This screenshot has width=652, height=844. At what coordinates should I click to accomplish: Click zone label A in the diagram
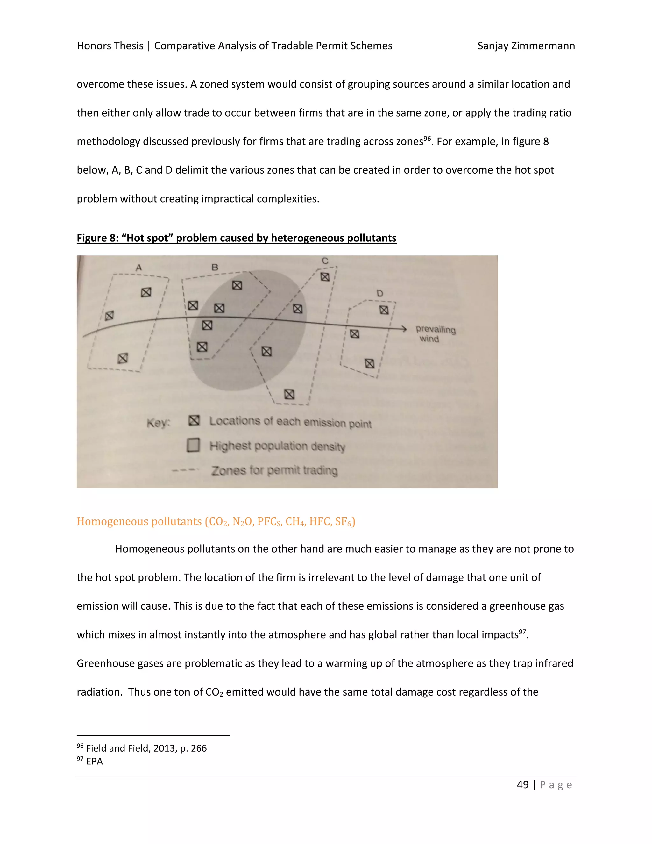(x=139, y=268)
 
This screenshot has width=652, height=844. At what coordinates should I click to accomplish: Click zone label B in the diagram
(x=215, y=267)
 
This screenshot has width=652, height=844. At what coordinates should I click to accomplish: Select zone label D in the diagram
(x=380, y=293)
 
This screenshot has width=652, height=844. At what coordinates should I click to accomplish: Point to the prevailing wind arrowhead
(x=404, y=329)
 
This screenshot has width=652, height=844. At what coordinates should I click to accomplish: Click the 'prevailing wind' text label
(x=435, y=334)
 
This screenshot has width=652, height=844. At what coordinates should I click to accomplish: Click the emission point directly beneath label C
(x=325, y=277)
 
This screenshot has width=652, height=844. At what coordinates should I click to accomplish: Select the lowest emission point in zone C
(x=289, y=394)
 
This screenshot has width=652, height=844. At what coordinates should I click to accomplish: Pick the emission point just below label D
(x=384, y=310)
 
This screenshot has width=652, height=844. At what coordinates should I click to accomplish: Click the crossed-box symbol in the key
(x=194, y=420)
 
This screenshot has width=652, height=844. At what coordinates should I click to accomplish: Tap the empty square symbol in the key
(x=193, y=445)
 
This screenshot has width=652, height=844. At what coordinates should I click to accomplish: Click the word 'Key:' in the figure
(x=158, y=423)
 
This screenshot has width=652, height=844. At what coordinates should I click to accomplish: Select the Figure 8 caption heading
(x=237, y=238)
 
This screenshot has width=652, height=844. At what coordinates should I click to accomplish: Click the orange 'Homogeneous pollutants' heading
(x=216, y=522)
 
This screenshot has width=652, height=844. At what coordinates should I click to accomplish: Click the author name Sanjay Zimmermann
(x=526, y=46)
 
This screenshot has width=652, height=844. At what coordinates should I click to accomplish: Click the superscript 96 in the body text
(x=427, y=138)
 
